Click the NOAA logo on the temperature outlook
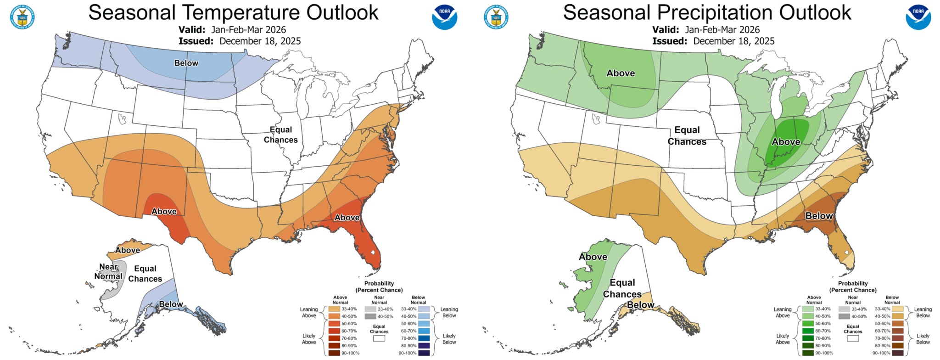[444, 17]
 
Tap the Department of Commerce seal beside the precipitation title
[496, 17]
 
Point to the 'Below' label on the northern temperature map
[186, 63]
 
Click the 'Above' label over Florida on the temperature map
[347, 217]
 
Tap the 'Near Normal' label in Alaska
[108, 271]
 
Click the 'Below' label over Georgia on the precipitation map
[819, 216]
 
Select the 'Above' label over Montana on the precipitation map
[621, 73]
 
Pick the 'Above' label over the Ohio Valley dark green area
[786, 142]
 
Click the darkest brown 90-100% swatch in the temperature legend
[334, 353]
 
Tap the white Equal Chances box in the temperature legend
[379, 338]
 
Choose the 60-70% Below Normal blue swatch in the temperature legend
[424, 331]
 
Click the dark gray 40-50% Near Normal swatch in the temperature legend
[371, 316]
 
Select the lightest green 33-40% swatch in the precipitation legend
[808, 309]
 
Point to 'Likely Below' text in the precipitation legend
[923, 339]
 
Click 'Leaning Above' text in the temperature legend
[309, 312]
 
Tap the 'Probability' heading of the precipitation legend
[853, 283]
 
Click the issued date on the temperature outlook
[260, 41]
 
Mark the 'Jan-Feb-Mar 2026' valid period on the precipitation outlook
[722, 30]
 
